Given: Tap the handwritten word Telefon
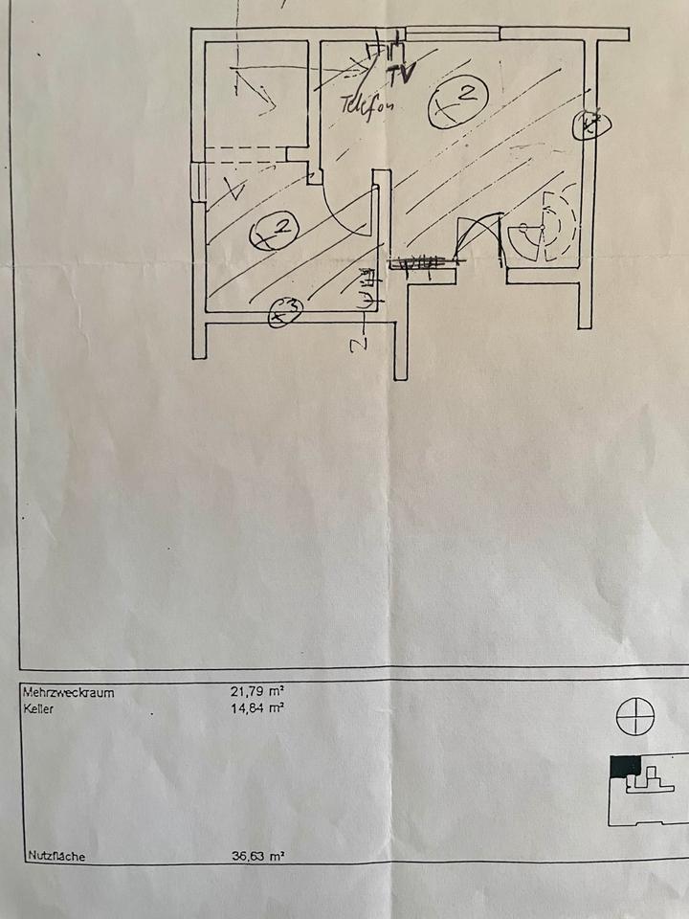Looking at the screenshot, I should tap(366, 102).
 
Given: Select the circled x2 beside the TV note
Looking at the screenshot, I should tap(458, 101).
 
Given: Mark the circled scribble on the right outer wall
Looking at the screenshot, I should tap(590, 124).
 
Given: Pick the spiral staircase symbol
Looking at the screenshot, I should tap(544, 230).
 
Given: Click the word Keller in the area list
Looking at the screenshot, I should tap(39, 709).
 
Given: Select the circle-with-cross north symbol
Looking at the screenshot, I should tap(634, 717).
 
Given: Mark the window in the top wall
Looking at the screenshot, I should tap(452, 34).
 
